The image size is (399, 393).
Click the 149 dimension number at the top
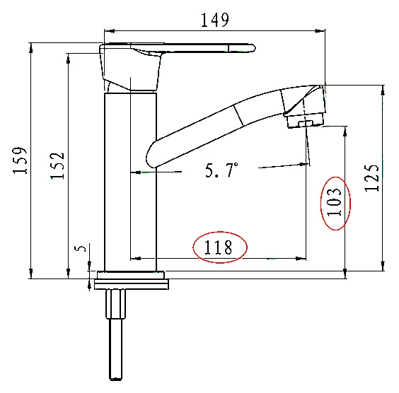(215, 20)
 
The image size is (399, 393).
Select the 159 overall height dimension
(20, 160)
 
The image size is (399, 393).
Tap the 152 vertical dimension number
(57, 166)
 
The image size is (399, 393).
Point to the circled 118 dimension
(218, 247)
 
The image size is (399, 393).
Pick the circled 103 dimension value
(334, 202)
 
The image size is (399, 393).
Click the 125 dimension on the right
(372, 178)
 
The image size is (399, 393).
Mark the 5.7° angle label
(221, 170)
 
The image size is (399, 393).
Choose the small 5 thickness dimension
(81, 248)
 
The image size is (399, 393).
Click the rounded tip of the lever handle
(253, 48)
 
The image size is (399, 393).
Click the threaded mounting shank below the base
(116, 334)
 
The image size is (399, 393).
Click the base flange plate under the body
(131, 281)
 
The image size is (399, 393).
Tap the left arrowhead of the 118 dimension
(136, 259)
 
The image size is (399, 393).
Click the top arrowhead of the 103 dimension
(345, 131)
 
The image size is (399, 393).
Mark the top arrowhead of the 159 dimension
(31, 48)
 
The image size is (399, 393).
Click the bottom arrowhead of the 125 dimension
(383, 266)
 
